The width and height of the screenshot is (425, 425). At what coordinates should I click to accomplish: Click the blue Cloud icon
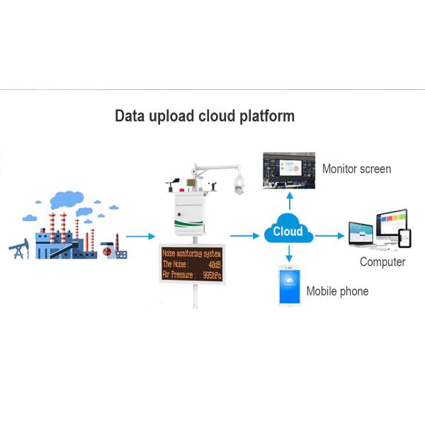[288, 232]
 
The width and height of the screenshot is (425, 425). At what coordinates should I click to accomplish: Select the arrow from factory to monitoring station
[140, 236]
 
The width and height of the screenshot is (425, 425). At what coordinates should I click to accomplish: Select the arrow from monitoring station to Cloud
[245, 235]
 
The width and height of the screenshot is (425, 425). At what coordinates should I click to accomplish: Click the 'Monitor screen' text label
[356, 169]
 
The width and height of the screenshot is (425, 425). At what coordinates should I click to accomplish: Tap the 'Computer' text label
[382, 262]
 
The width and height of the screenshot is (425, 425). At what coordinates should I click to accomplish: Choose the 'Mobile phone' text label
[337, 291]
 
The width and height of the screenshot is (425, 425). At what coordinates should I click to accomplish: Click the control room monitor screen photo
[288, 170]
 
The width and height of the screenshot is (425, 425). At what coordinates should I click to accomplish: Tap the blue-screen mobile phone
[289, 285]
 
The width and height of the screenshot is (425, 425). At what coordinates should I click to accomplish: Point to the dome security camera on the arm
[239, 186]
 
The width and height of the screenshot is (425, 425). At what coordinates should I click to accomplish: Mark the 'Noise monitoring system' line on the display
[193, 254]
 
